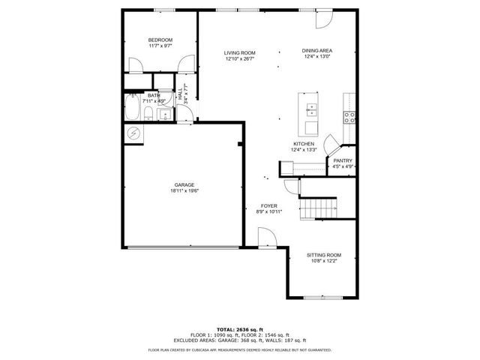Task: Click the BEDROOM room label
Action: click(x=160, y=40)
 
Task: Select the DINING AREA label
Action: click(x=317, y=50)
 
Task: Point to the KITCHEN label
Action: click(x=304, y=144)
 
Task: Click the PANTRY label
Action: click(x=343, y=160)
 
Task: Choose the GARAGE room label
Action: click(x=184, y=184)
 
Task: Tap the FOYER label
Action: click(x=268, y=205)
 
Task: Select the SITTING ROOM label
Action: click(x=323, y=255)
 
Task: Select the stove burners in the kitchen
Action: click(x=348, y=115)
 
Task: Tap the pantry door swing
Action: click(x=329, y=145)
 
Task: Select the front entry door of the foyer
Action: click(x=268, y=238)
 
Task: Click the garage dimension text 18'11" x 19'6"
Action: click(x=184, y=191)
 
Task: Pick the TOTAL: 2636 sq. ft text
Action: click(x=239, y=329)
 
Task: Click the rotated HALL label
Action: click(x=180, y=97)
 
